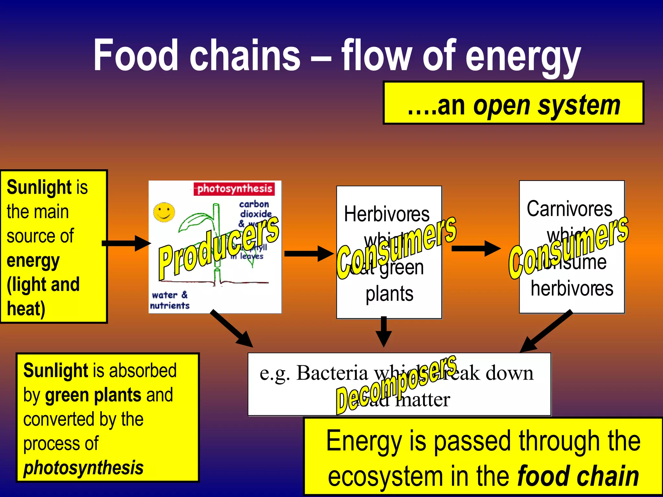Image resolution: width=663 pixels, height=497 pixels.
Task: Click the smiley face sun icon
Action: (x=164, y=213)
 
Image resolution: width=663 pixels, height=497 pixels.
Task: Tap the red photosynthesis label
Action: (x=234, y=189)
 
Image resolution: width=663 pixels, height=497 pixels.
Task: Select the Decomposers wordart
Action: (x=396, y=385)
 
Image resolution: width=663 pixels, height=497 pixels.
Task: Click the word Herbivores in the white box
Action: (x=387, y=214)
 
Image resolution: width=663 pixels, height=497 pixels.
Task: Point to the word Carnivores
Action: (x=569, y=209)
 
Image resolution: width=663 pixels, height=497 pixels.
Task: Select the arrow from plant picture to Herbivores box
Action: (x=308, y=253)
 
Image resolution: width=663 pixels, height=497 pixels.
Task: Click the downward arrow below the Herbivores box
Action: (x=384, y=332)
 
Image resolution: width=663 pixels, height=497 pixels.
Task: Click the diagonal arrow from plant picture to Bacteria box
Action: (x=231, y=328)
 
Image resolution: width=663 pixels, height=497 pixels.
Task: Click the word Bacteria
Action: (x=332, y=373)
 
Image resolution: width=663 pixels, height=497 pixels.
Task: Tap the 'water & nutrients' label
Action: (x=169, y=300)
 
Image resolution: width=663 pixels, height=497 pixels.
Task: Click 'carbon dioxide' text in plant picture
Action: (x=255, y=209)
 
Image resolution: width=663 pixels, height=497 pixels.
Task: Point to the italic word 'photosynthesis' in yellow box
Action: (x=84, y=468)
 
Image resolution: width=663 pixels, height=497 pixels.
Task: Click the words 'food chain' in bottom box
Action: (x=578, y=476)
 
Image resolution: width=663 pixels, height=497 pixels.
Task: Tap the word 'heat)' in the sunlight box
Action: (x=26, y=309)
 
